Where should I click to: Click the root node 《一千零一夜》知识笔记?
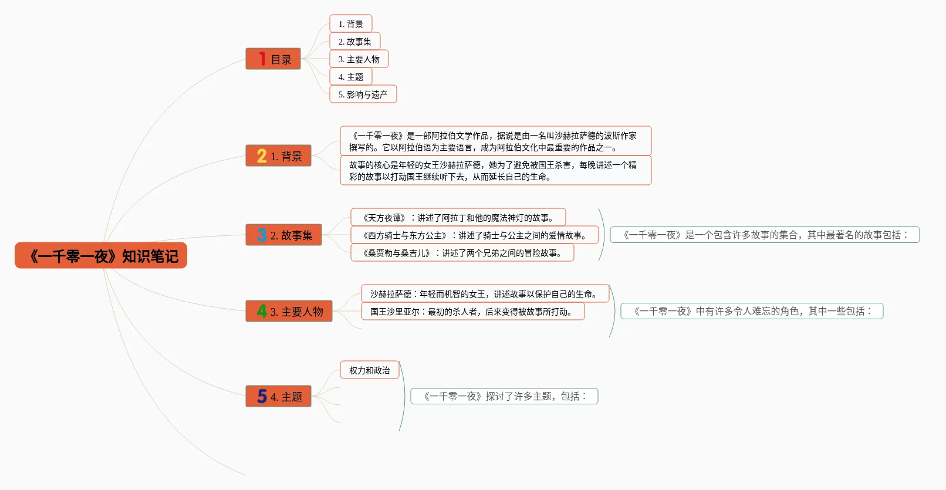coord(101,256)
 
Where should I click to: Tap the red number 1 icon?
coord(262,59)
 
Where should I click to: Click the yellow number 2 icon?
coord(262,156)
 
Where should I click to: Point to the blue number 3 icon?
coord(262,235)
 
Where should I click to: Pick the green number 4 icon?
coord(262,311)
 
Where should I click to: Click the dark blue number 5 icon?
coord(262,397)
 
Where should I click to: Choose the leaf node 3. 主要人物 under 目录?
coord(359,59)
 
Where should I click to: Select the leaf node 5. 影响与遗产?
coord(363,94)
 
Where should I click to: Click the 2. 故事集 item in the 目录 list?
coord(354,42)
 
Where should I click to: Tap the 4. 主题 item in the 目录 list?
coord(350,77)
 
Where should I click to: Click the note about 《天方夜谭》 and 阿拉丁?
coord(458,218)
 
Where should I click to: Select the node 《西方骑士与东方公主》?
coord(474,235)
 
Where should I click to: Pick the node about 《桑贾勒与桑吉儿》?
coord(462,253)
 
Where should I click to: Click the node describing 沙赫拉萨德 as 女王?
coord(485,294)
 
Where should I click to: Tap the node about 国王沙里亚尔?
coord(472,312)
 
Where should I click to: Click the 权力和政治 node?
coord(369,370)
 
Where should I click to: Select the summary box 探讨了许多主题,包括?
coord(504,396)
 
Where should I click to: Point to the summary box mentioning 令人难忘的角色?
coord(752,311)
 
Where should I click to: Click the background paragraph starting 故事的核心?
coord(495,171)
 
